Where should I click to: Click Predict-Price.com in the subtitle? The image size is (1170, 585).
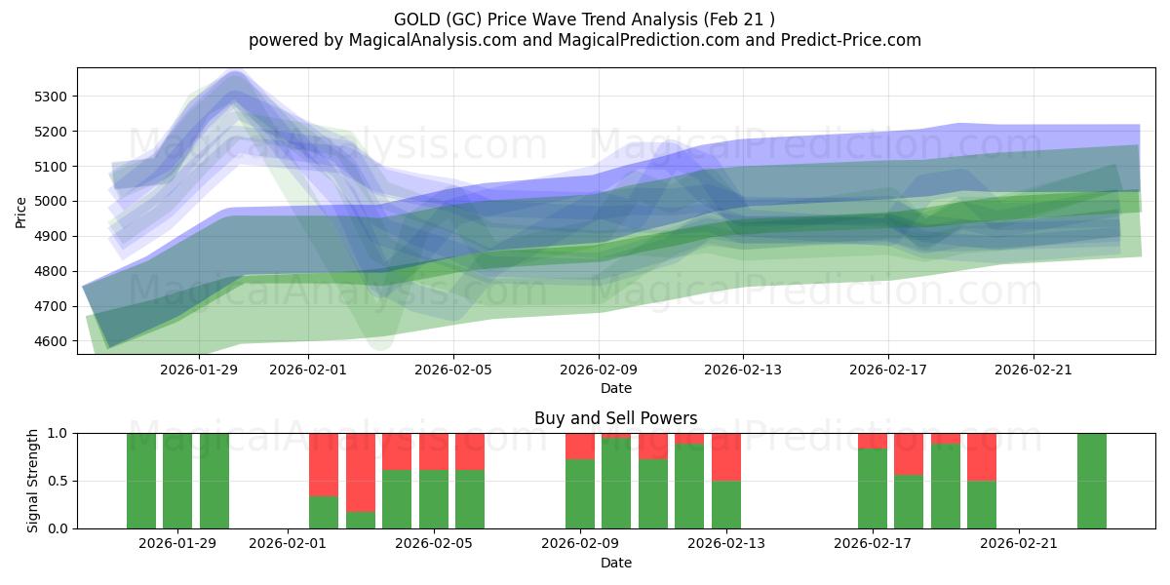pos(839,40)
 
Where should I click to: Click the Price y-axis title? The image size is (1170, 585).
pos(21,211)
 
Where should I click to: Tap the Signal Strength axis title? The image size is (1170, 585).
pos(33,480)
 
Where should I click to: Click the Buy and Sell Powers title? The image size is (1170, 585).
pos(615,418)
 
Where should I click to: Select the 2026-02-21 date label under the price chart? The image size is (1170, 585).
pos(1033,370)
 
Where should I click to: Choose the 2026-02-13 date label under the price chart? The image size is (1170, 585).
pos(743,370)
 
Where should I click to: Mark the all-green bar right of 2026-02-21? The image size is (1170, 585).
pos(1092,481)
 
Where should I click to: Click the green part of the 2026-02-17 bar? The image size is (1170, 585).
pos(873,488)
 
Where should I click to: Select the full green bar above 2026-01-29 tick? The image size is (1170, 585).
pos(177,481)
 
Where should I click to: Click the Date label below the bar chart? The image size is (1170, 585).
pos(615,563)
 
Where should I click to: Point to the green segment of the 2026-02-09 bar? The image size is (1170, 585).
pos(580,493)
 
